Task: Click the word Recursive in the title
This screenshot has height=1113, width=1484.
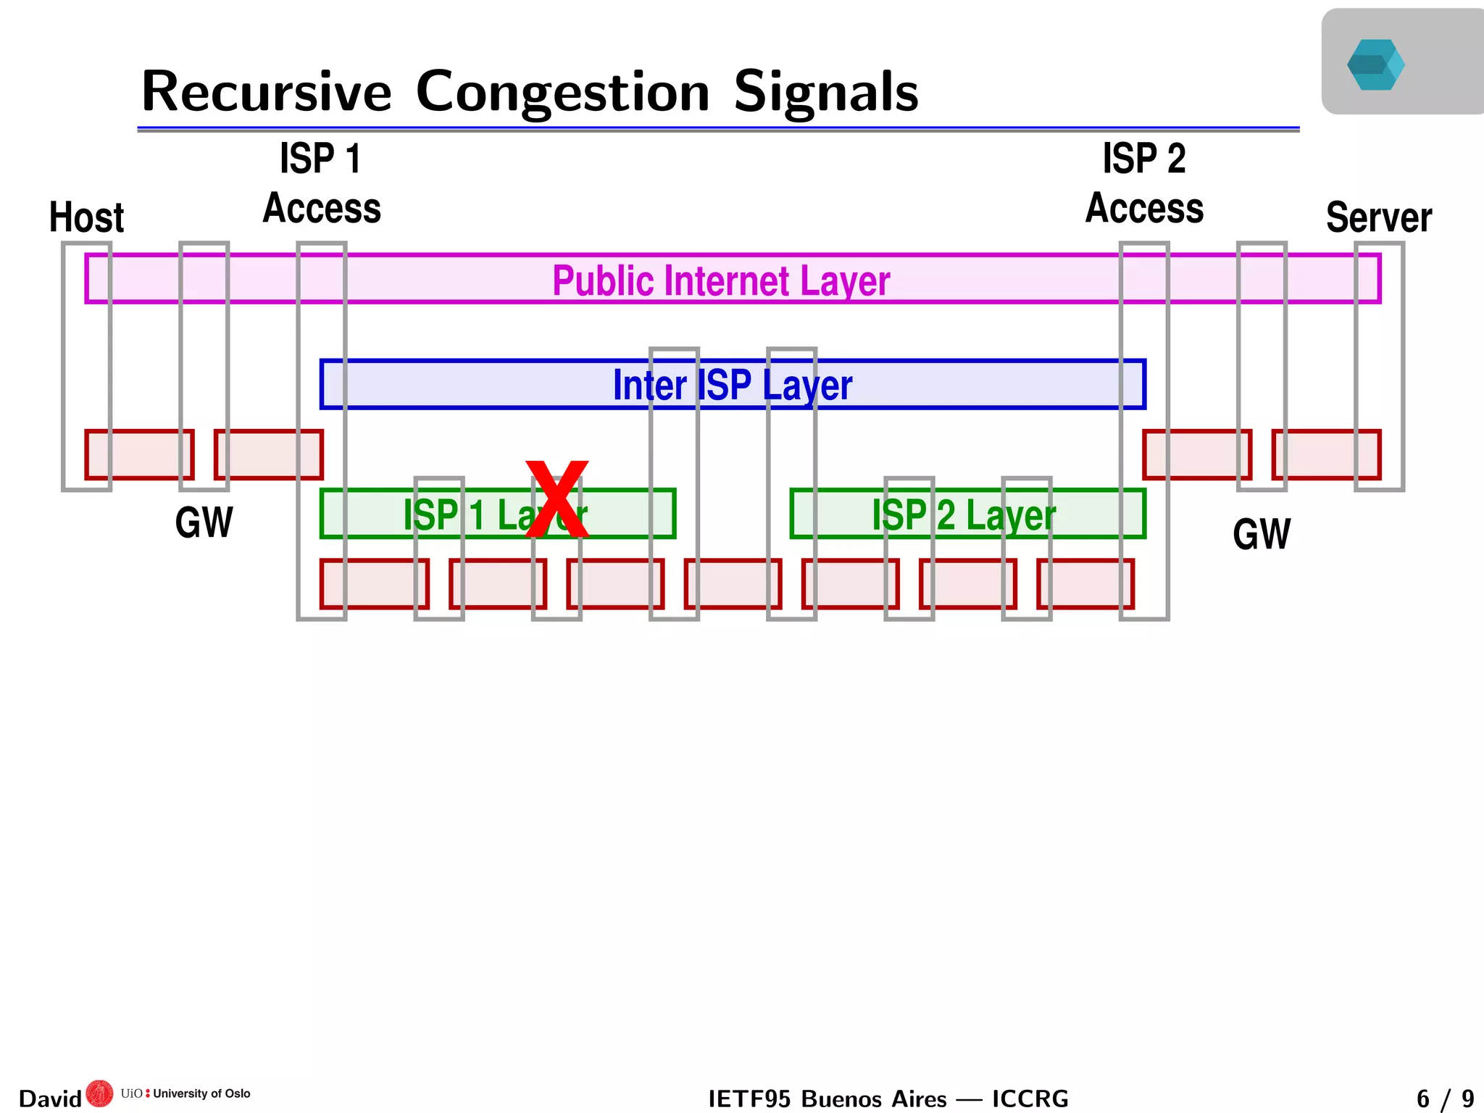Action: point(266,92)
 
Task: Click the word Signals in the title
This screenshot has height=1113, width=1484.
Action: point(825,92)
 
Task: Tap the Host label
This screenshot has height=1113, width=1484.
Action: point(86,217)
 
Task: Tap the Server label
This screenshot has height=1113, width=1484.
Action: point(1378,217)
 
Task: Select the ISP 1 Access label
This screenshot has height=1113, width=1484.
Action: point(321,183)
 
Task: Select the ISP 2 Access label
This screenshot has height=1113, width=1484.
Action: point(1144,183)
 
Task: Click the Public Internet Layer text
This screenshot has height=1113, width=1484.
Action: point(721,280)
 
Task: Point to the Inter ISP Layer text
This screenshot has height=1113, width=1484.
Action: point(732,385)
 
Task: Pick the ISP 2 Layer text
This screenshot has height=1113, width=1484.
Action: point(964,515)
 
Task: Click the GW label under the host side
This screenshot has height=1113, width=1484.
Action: point(204,522)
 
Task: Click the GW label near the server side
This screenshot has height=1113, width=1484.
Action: point(1262,535)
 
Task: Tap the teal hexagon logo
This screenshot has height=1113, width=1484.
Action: point(1375,64)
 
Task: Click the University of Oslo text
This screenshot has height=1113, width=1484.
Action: point(201,1093)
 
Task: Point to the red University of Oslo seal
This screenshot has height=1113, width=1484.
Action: point(99,1094)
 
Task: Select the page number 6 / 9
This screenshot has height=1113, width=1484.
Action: point(1445,1099)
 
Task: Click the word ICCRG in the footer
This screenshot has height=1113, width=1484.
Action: point(1030,1099)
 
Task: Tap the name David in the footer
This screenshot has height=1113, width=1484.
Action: point(49,1099)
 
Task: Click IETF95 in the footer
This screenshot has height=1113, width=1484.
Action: point(749,1099)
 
